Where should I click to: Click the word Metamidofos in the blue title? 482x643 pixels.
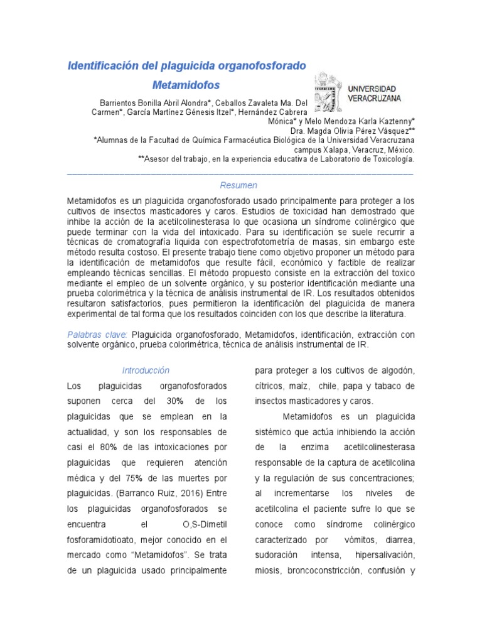[x=186, y=84]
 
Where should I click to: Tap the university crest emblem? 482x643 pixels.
[x=326, y=92]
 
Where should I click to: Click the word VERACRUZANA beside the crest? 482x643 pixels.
[x=375, y=98]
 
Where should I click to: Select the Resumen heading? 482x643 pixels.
[x=238, y=185]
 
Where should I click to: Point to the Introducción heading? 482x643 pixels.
[x=146, y=370]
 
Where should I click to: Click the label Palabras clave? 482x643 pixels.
[x=97, y=335]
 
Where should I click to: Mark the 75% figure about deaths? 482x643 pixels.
[x=140, y=478]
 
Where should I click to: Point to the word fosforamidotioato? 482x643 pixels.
[x=101, y=539]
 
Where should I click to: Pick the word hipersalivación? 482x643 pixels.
[x=385, y=555]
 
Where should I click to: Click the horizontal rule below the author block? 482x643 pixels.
[x=240, y=172]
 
